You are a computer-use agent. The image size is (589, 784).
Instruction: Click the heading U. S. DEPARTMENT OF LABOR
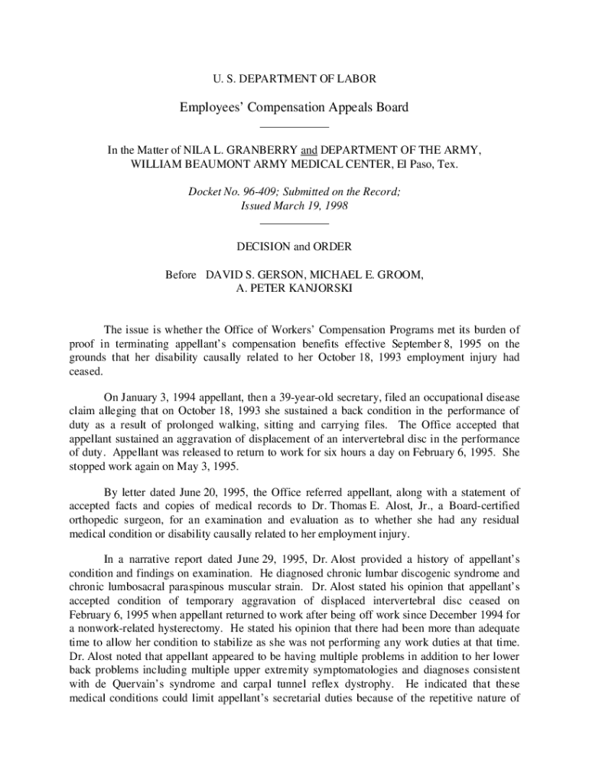pyautogui.click(x=294, y=78)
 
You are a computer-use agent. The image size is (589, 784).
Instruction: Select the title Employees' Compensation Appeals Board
pyautogui.click(x=294, y=107)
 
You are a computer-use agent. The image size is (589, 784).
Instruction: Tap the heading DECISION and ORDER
pyautogui.click(x=294, y=247)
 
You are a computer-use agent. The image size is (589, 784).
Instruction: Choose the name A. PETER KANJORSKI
pyautogui.click(x=294, y=288)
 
